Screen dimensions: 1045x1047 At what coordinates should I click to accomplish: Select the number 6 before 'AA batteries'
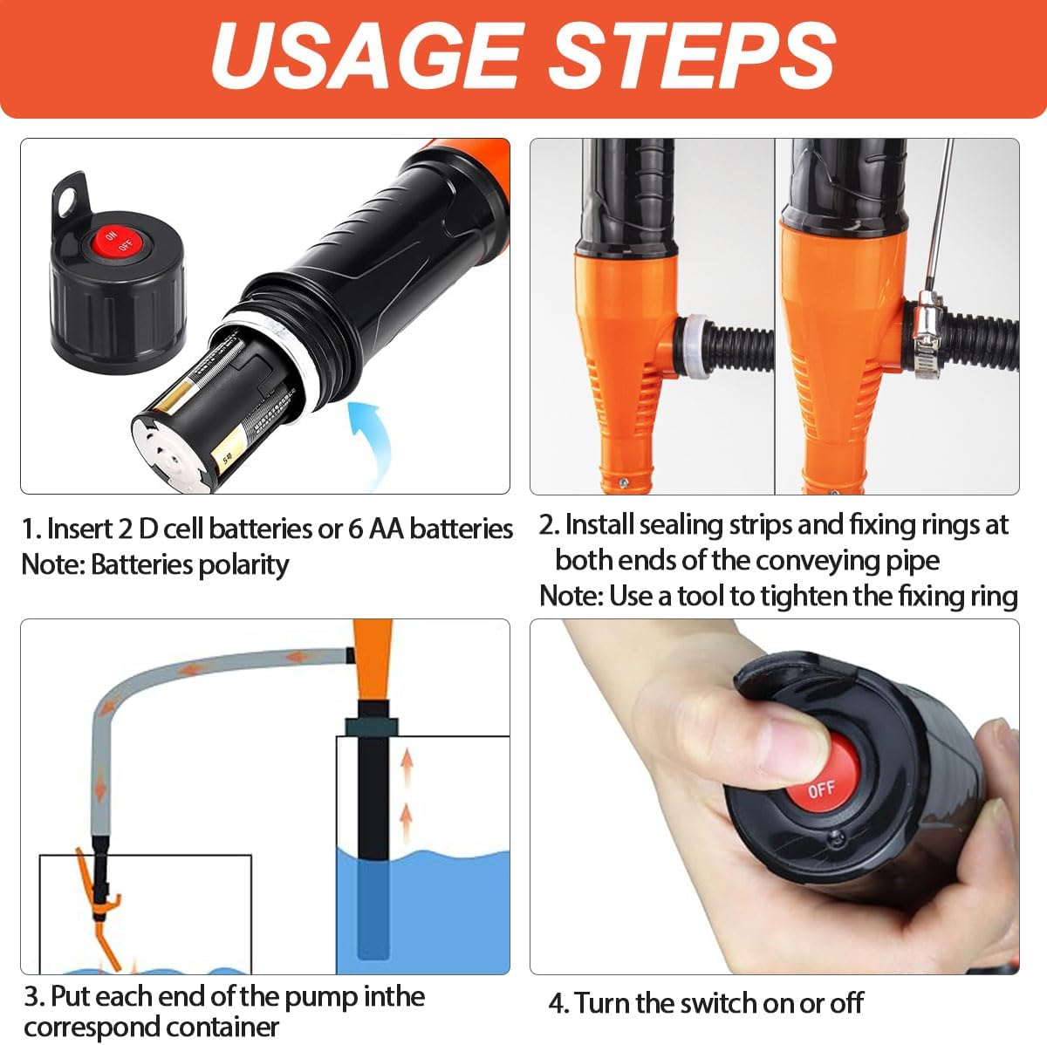356,529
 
